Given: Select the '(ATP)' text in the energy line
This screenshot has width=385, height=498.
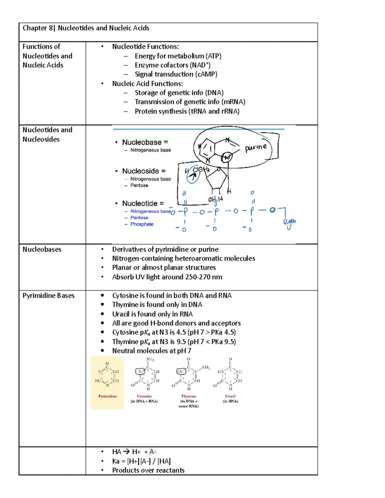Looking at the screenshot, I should click(213, 56).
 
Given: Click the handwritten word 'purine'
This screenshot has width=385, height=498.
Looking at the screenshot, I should click(256, 148).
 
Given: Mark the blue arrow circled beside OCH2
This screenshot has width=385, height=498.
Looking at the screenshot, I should click(193, 176).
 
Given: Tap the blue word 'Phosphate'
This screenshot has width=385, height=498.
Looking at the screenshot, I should click(142, 224).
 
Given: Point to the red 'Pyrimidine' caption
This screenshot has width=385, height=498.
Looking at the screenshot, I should click(107, 396).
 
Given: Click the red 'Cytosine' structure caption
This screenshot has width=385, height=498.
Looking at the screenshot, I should click(144, 396).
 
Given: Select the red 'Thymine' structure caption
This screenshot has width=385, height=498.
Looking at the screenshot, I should click(189, 396).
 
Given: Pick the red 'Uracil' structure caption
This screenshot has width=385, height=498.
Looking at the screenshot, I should click(230, 396).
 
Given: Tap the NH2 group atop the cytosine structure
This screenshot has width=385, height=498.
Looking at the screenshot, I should click(150, 359).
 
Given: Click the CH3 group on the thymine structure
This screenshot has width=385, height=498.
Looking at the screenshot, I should click(206, 367).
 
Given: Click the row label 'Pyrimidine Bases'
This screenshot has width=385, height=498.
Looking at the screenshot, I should click(48, 296).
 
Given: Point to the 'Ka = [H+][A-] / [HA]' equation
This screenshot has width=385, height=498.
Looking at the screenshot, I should click(141, 461).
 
